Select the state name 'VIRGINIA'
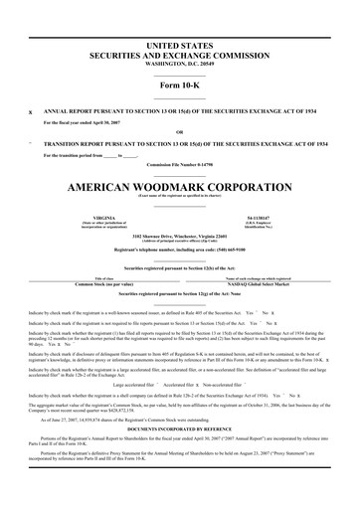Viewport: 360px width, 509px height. (x=103, y=215)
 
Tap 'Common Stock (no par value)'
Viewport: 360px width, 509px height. (x=103, y=284)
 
